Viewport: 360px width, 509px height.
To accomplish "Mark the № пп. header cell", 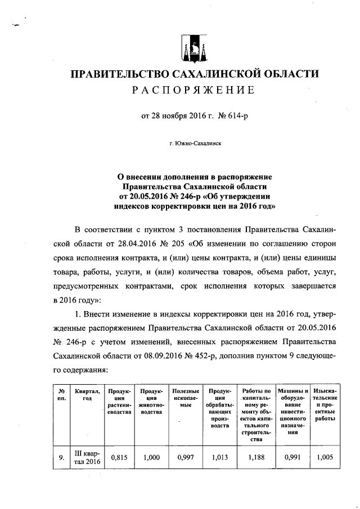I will coord(61,394).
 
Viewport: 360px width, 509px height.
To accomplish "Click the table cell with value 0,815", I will coord(120,458).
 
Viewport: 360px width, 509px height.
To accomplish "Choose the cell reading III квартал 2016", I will coord(87,458).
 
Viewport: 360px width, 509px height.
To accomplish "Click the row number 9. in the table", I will coord(61,458).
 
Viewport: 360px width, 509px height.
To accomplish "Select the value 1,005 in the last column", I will coord(325,458).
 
